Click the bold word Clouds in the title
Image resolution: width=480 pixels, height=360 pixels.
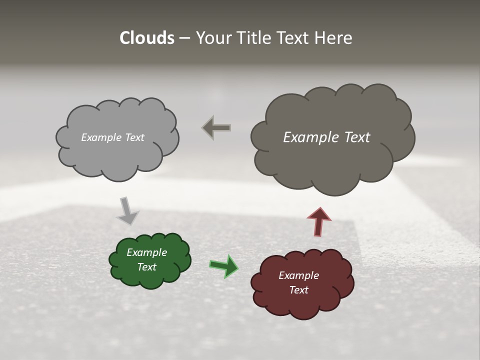[x=146, y=38]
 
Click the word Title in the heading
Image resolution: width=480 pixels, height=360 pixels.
[x=255, y=38]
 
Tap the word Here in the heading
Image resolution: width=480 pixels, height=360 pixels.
[x=334, y=38]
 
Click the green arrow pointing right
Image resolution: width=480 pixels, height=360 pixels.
[x=224, y=265]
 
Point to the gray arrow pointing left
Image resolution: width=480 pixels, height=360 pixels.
[x=216, y=127]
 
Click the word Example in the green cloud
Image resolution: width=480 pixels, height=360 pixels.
[x=146, y=252]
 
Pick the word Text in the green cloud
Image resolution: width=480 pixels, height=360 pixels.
[x=146, y=267]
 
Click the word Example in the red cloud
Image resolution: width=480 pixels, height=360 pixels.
[x=298, y=275]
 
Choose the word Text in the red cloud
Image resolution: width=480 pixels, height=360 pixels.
[x=298, y=290]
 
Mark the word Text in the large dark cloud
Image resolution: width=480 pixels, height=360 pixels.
[x=357, y=137]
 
